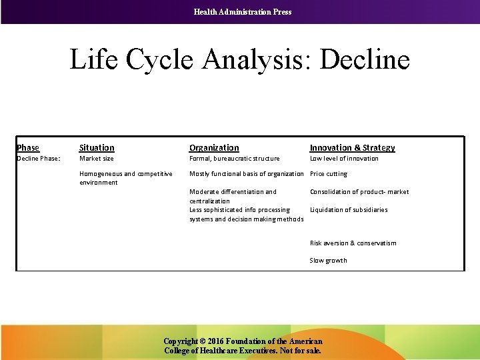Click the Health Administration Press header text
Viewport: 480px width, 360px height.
pyautogui.click(x=242, y=11)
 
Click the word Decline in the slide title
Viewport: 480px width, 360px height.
pyautogui.click(x=365, y=60)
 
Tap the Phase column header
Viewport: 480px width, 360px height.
pyautogui.click(x=28, y=147)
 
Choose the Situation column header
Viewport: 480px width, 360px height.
pyautogui.click(x=97, y=147)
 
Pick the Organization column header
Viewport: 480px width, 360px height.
pyautogui.click(x=214, y=147)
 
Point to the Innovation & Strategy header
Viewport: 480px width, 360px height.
pyautogui.click(x=352, y=147)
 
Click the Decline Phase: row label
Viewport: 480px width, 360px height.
pyautogui.click(x=39, y=159)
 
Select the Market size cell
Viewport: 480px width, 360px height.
pyautogui.click(x=97, y=159)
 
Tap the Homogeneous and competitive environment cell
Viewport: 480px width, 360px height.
pyautogui.click(x=125, y=178)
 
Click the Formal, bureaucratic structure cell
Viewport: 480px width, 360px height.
pyautogui.click(x=234, y=159)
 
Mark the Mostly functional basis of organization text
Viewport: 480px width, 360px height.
pyautogui.click(x=246, y=174)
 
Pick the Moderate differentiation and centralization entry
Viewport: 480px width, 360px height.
pyautogui.click(x=233, y=196)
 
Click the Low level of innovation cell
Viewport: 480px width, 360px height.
pyautogui.click(x=344, y=159)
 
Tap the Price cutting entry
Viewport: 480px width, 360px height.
pyautogui.click(x=329, y=174)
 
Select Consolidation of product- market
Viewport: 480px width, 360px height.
pyautogui.click(x=359, y=192)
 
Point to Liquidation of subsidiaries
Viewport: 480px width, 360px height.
pyautogui.click(x=349, y=210)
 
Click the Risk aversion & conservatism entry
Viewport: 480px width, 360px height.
pyautogui.click(x=353, y=243)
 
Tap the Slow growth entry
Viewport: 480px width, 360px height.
pyautogui.click(x=328, y=260)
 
